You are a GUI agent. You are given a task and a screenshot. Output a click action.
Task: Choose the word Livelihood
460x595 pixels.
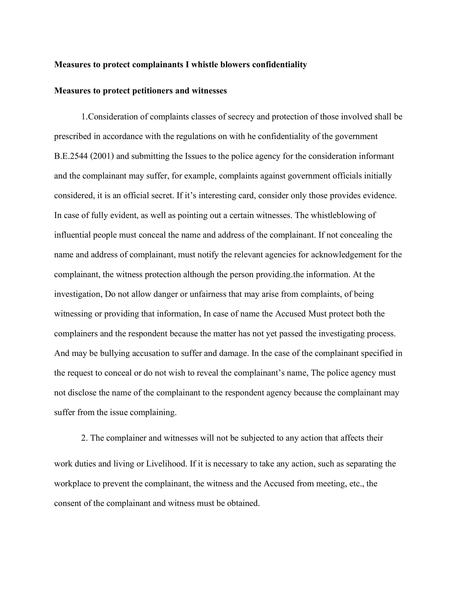[166, 464]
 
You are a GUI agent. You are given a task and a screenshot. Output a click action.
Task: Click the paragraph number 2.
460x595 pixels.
[84, 438]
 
